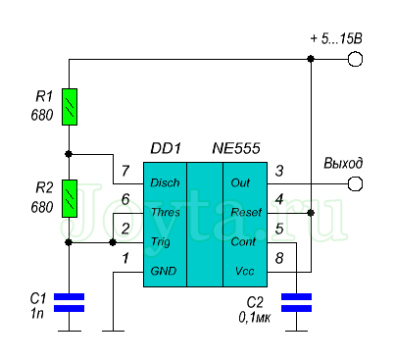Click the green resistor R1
pos(70,107)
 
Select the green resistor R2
pos(70,198)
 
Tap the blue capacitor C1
pos(69,302)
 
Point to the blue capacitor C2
pos(296,302)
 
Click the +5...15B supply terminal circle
pos(355,59)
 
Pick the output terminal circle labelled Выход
pos(355,183)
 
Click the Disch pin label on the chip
pos(165,182)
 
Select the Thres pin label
pos(166,212)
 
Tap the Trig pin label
pos(161,242)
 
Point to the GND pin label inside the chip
pos(164,271)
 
